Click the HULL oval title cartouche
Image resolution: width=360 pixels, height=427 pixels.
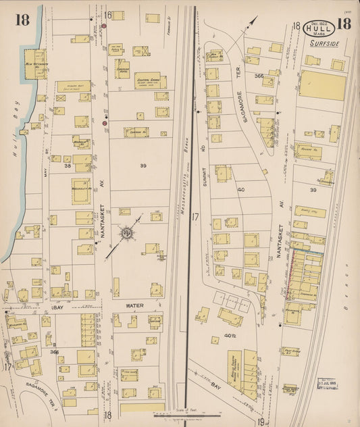[317, 28]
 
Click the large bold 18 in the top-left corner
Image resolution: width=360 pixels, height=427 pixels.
[22, 19]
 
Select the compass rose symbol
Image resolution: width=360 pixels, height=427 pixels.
[126, 234]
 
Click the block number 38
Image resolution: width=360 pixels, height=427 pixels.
[68, 165]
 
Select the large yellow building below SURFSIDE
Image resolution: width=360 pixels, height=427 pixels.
[322, 85]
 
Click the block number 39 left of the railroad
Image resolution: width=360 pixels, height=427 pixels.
[143, 165]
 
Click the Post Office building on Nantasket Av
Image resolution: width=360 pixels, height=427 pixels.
[291, 352]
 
